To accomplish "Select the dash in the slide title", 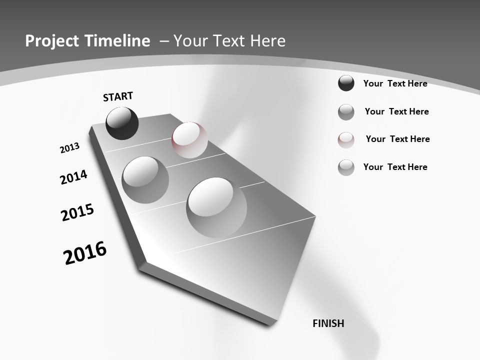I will click(164, 41).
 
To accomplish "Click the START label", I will click(118, 96).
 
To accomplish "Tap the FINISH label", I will click(328, 323).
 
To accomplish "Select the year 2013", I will click(69, 148).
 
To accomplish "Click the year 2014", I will click(73, 177).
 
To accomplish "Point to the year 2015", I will click(77, 212).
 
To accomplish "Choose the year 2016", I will click(85, 253).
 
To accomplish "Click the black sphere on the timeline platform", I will click(122, 123).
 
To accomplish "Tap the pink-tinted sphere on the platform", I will click(189, 139).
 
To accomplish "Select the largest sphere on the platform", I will click(216, 207).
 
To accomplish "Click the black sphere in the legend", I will click(346, 83).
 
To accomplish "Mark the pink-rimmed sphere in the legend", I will click(346, 139).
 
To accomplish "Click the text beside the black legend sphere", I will click(395, 83).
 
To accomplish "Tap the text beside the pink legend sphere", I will click(397, 139).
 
